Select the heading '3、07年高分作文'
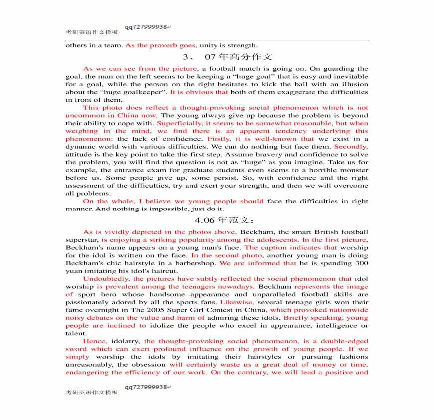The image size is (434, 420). [227, 57]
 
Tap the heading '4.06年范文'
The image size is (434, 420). [225, 220]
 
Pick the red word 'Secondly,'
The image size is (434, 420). [351, 147]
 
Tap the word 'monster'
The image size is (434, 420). [352, 170]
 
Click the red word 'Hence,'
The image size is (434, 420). [94, 341]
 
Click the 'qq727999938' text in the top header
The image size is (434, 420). [146, 27]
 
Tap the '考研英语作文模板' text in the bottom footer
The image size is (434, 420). [92, 393]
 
